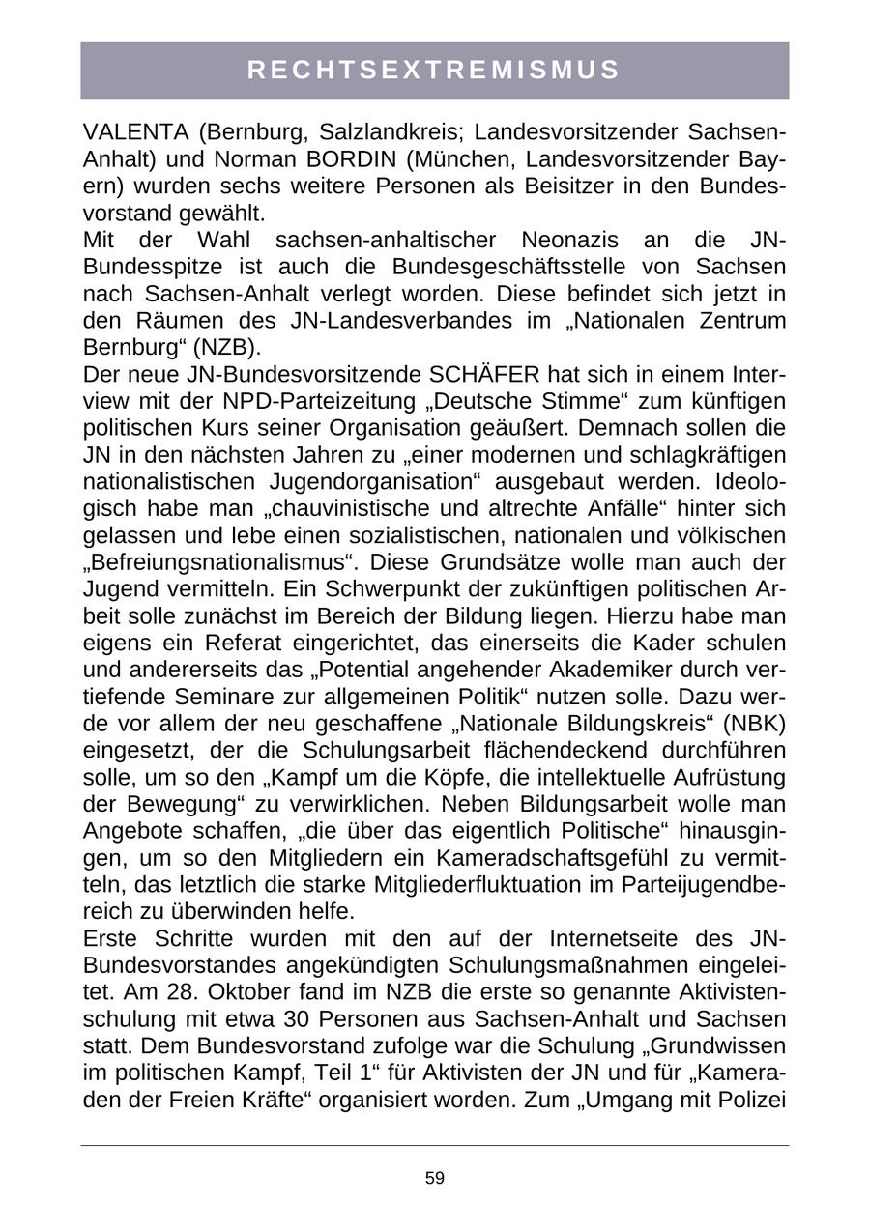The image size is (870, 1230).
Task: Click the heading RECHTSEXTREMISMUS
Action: (434, 70)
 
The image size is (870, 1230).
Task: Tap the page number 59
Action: (434, 1178)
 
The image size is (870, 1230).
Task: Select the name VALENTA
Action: (127, 131)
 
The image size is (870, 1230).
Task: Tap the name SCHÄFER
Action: (489, 374)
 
